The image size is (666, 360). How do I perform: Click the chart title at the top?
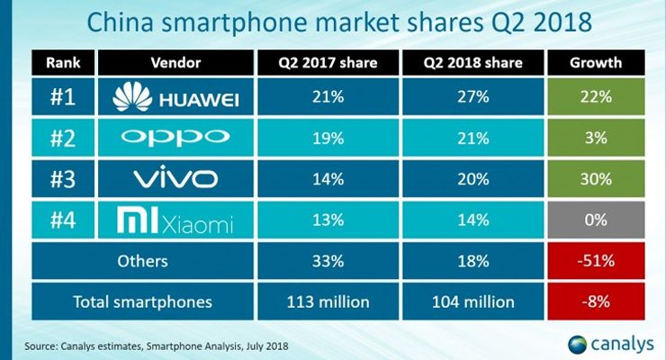(333, 21)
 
